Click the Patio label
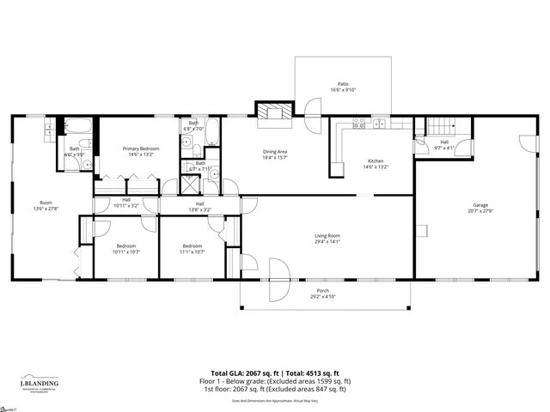pos(343,84)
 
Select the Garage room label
pos(480,205)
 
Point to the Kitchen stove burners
pos(359,125)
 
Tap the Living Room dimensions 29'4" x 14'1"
pos(327,241)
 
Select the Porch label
pos(323,290)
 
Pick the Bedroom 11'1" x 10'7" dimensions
pos(193,250)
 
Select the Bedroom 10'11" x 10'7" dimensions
pos(126,250)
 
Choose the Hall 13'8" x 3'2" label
pos(199,206)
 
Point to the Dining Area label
pos(275,153)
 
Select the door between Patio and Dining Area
pos(313,109)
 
